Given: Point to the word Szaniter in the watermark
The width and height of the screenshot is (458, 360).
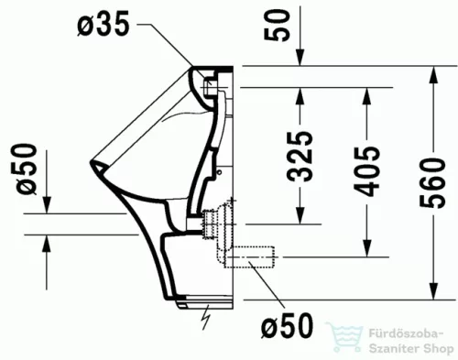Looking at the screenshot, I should (390, 347).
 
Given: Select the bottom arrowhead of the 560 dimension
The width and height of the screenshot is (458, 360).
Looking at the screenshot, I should (432, 293).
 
